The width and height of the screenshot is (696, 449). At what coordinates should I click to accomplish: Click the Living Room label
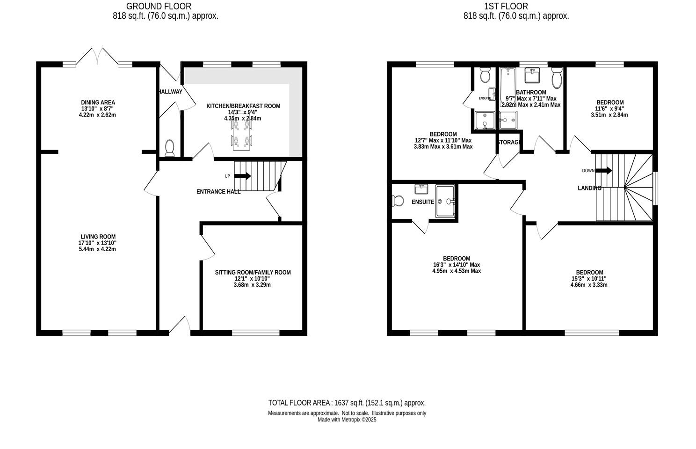click(97, 237)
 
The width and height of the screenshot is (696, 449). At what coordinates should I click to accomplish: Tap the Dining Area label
click(98, 102)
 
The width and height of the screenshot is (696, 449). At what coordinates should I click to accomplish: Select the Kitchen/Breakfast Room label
click(243, 106)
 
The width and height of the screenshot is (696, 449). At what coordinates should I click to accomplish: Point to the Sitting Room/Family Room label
click(253, 272)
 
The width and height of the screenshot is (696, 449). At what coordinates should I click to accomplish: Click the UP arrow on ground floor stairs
click(242, 176)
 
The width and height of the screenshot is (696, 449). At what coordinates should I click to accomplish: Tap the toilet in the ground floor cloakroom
click(169, 148)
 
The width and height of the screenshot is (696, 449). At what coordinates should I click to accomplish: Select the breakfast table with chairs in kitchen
click(241, 135)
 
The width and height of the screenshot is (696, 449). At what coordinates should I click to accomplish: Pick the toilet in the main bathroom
click(556, 78)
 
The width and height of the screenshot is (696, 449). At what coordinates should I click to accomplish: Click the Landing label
click(589, 188)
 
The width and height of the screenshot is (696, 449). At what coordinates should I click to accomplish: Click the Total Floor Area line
click(347, 403)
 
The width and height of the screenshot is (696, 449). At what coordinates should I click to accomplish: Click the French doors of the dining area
click(97, 56)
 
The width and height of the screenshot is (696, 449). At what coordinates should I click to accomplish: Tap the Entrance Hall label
click(218, 191)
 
